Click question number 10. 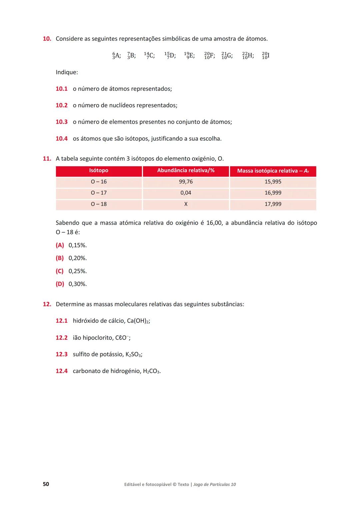click(x=47, y=39)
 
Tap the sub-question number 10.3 click(x=61, y=122)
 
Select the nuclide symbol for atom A click(x=116, y=56)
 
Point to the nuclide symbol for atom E click(x=189, y=56)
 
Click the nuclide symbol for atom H click(x=248, y=56)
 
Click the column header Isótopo click(x=99, y=171)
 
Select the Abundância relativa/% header click(x=186, y=171)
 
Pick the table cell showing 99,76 click(x=186, y=182)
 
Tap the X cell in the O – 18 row click(x=186, y=204)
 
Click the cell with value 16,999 click(x=273, y=193)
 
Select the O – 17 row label click(x=99, y=193)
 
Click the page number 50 click(x=46, y=484)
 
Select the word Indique click(x=67, y=72)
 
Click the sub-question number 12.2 click(x=61, y=338)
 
